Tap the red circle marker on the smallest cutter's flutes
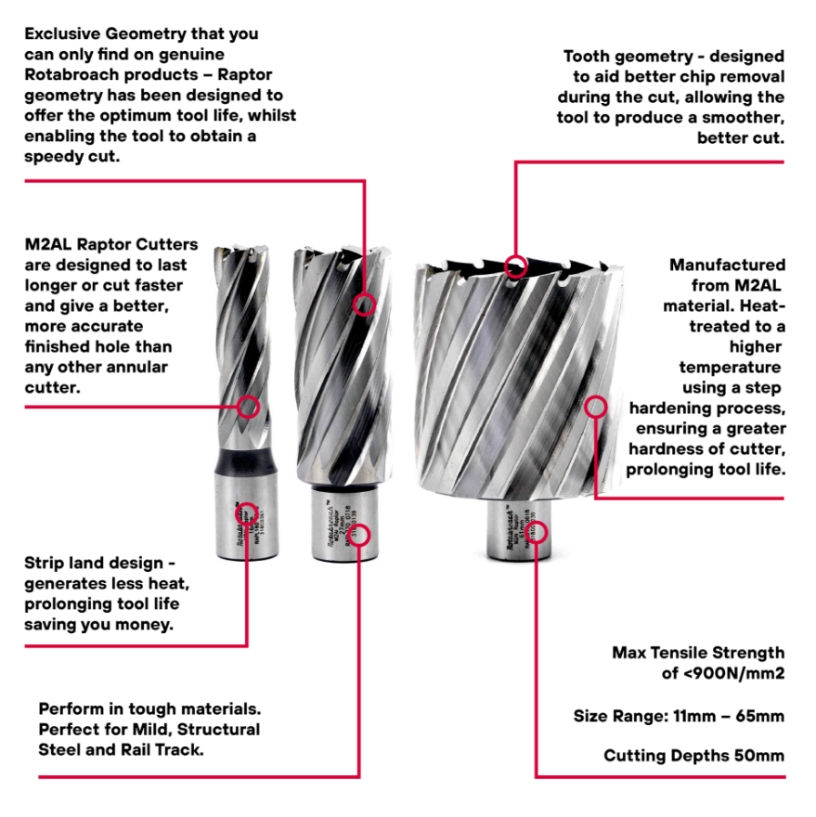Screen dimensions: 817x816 click(248, 407)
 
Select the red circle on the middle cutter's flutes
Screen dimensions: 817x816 click(365, 303)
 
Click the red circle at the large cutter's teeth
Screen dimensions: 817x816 click(514, 266)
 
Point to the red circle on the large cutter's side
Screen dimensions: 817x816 click(596, 406)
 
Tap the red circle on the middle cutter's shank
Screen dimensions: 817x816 click(361, 534)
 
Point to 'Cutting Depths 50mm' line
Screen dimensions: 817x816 click(693, 755)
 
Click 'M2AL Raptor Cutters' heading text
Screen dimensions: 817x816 click(111, 245)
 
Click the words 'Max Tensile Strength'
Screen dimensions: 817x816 click(697, 653)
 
